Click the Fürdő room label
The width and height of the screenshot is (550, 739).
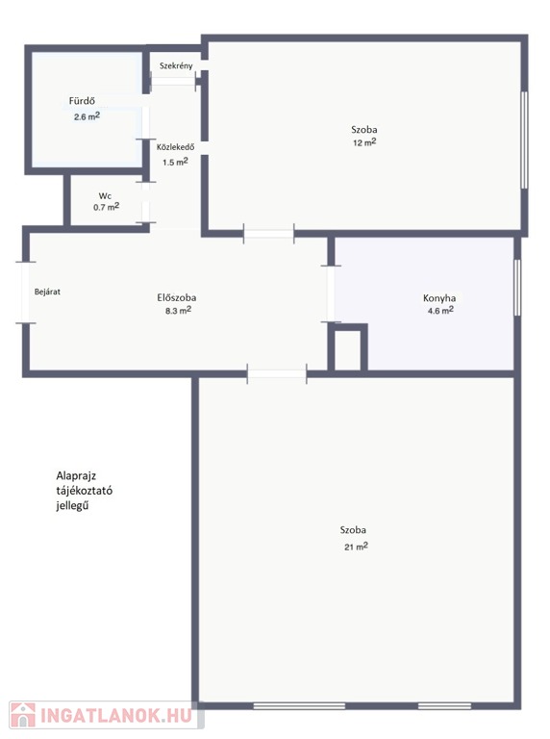(82, 101)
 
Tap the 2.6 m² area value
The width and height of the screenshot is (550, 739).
(87, 116)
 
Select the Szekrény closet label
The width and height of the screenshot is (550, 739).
(176, 66)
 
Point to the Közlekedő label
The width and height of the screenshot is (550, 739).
(176, 146)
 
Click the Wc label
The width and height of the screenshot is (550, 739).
(105, 196)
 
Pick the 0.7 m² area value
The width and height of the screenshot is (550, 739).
(106, 207)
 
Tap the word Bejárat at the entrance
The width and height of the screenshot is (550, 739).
(47, 292)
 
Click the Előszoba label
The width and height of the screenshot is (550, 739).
(177, 298)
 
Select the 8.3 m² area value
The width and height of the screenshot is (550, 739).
(179, 311)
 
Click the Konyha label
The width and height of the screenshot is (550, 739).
(439, 298)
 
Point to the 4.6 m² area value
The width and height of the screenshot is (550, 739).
(440, 311)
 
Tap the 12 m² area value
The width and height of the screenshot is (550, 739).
(365, 142)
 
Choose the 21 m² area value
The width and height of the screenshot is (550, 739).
(356, 547)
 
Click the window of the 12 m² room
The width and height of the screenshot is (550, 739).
(525, 140)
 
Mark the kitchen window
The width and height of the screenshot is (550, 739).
(517, 287)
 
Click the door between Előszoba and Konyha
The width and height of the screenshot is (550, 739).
(331, 294)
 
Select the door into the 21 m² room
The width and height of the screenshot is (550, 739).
(277, 374)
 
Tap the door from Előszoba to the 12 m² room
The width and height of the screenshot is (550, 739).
(269, 234)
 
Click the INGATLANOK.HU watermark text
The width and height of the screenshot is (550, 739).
(115, 715)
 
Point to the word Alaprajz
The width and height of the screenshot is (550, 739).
(76, 476)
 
